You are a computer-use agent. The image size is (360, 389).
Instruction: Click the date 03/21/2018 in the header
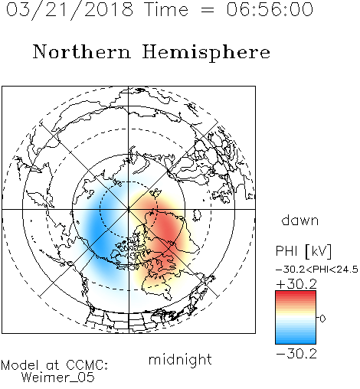pyautogui.click(x=70, y=10)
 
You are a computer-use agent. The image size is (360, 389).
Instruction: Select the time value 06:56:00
pyautogui.click(x=270, y=9)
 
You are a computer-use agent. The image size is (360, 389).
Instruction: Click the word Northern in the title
pyautogui.click(x=82, y=52)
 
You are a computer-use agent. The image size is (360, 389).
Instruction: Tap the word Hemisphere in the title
pyautogui.click(x=206, y=53)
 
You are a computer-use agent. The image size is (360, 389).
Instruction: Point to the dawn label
pyautogui.click(x=300, y=220)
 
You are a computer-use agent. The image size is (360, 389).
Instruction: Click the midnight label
pyautogui.click(x=180, y=359)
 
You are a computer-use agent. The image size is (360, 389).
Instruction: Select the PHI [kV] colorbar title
pyautogui.click(x=303, y=251)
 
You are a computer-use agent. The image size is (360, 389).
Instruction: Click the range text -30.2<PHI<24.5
pyautogui.click(x=317, y=270)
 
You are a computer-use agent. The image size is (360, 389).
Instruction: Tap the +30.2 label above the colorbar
pyautogui.click(x=296, y=284)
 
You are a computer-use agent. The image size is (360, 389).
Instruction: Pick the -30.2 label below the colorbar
pyautogui.click(x=296, y=354)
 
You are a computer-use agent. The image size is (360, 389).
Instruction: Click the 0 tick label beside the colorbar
pyautogui.click(x=322, y=319)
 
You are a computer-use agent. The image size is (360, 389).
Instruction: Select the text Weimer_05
pyautogui.click(x=58, y=377)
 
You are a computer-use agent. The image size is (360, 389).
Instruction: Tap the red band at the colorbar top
pyautogui.click(x=296, y=295)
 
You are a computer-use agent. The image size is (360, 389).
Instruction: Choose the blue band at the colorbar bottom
pyautogui.click(x=296, y=339)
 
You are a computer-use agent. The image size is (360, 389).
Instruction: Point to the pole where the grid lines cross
pyautogui.click(x=129, y=209)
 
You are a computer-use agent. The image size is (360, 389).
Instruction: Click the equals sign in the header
pyautogui.click(x=208, y=10)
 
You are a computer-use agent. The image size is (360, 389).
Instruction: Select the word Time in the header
pyautogui.click(x=166, y=9)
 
